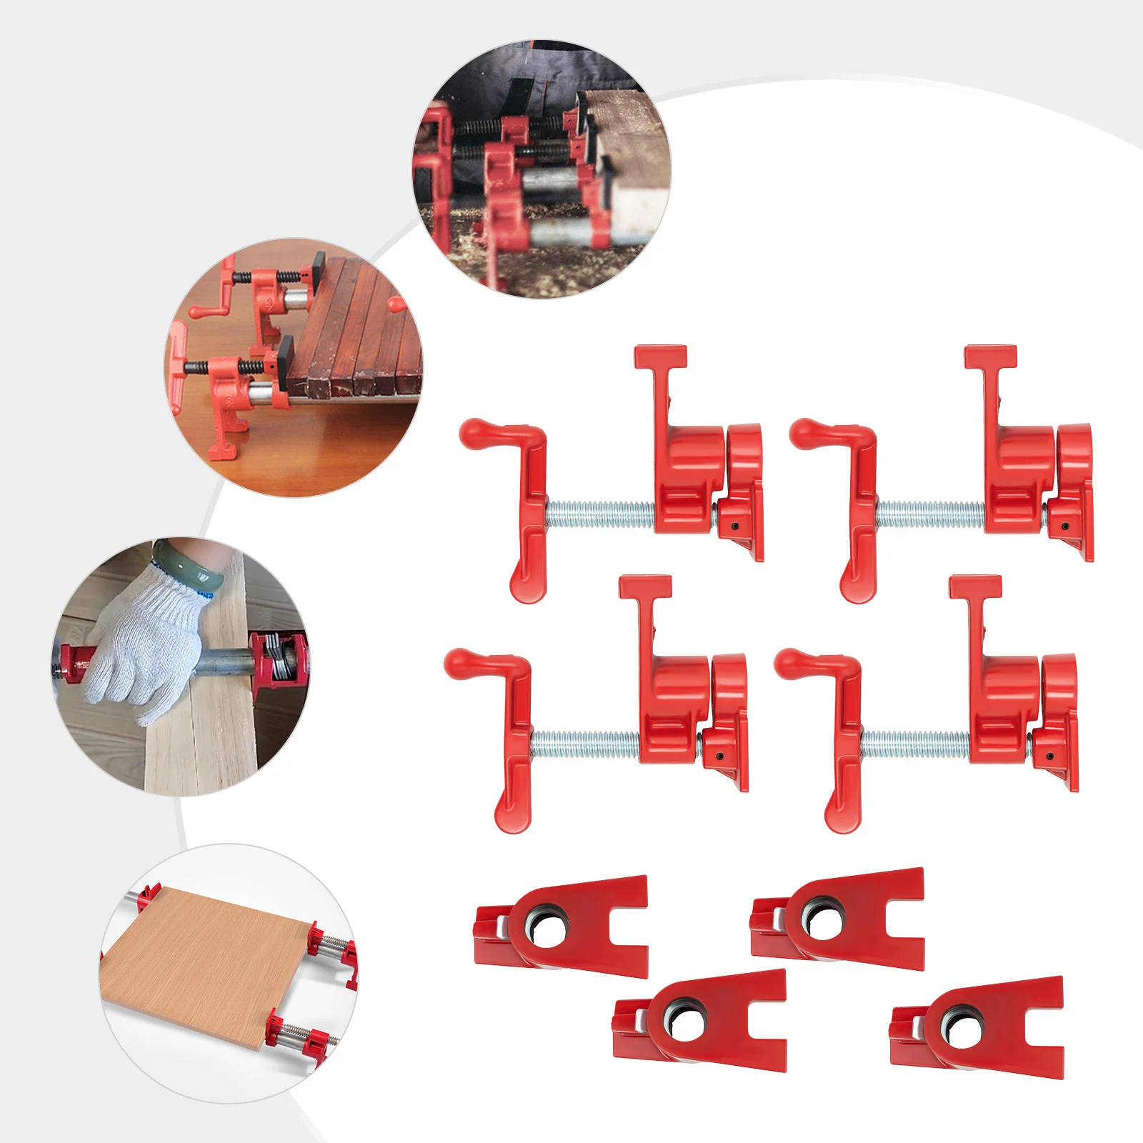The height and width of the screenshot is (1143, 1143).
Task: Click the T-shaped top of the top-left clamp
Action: [x=661, y=356]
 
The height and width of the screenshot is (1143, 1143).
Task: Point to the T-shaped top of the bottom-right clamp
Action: [x=975, y=586]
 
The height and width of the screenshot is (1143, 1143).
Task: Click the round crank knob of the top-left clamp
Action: [x=474, y=434]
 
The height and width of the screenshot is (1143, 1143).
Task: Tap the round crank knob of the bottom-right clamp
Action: [x=789, y=663]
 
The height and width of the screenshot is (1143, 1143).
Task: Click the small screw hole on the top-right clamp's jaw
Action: [x=1066, y=526]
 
